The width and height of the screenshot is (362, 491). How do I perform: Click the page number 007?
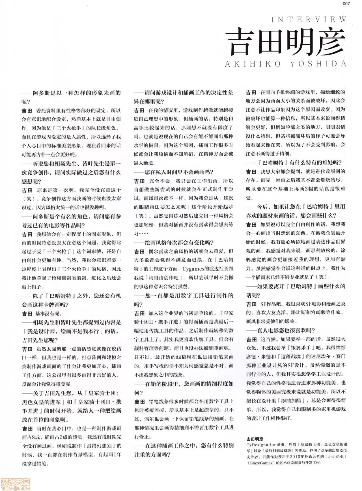click(346, 4)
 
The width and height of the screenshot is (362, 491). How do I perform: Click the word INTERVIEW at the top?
click(309, 20)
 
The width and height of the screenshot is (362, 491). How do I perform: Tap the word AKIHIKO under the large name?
click(253, 64)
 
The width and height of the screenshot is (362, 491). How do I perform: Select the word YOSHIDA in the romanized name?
click(318, 64)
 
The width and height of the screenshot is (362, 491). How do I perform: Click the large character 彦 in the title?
click(331, 42)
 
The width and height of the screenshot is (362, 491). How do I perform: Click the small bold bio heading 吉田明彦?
click(255, 439)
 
